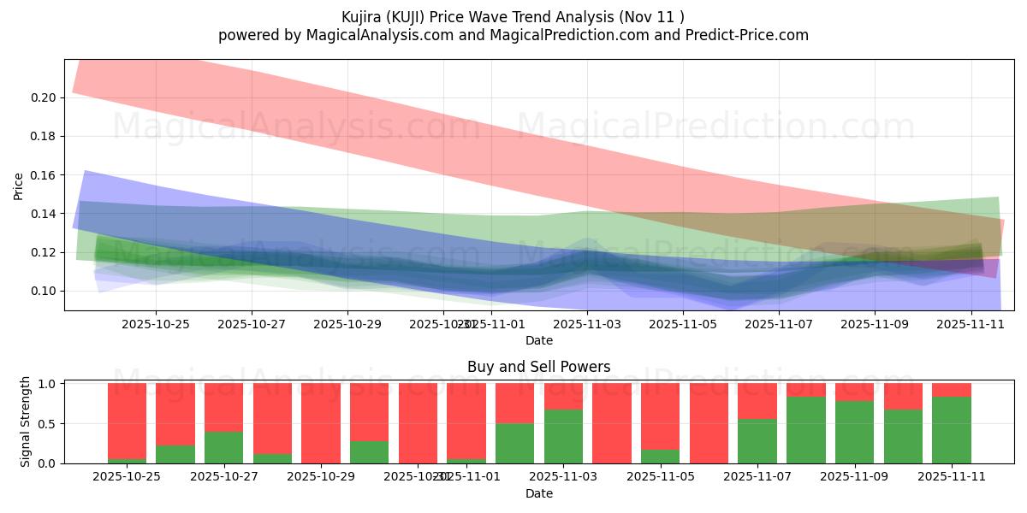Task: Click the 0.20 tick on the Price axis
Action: click(45, 97)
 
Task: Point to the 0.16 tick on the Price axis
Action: click(45, 175)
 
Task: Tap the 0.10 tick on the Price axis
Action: click(45, 291)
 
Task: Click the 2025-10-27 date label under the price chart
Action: click(251, 325)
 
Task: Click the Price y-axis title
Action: click(19, 186)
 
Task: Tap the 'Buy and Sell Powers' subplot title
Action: click(538, 367)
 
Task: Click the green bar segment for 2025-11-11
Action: click(952, 430)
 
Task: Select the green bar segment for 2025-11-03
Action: click(563, 436)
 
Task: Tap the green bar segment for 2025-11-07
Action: click(757, 441)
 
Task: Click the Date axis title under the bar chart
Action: click(538, 493)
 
